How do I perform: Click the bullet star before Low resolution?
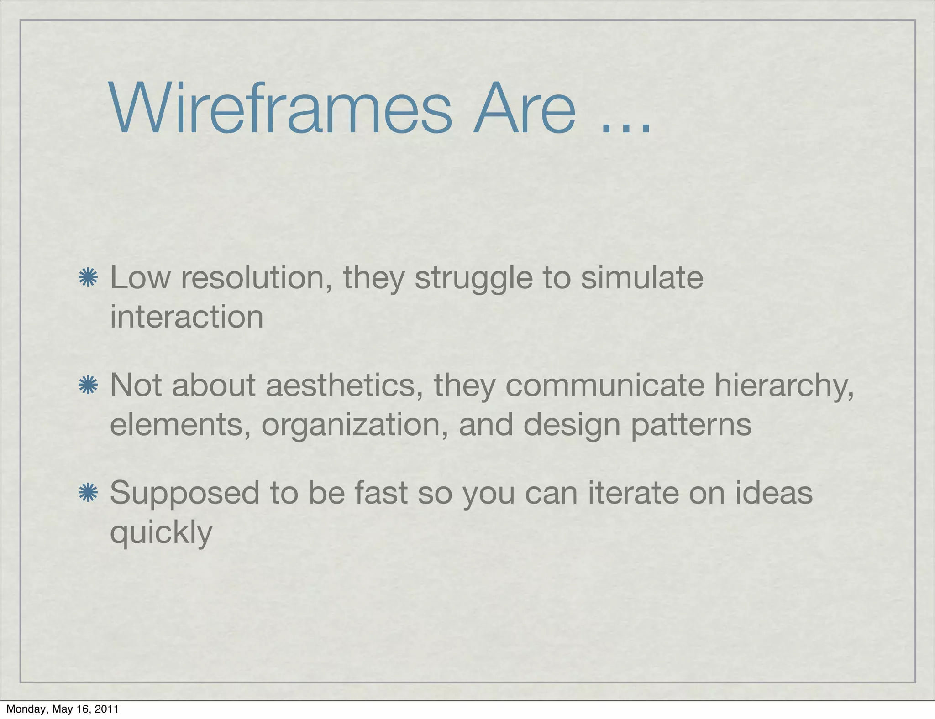[x=88, y=278]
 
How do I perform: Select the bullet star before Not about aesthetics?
[x=88, y=386]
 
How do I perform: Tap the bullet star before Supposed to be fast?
[x=88, y=493]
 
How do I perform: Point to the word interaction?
[x=187, y=317]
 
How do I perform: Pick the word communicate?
[x=605, y=386]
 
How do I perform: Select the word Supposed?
[x=184, y=494]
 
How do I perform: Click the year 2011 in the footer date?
[x=108, y=709]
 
